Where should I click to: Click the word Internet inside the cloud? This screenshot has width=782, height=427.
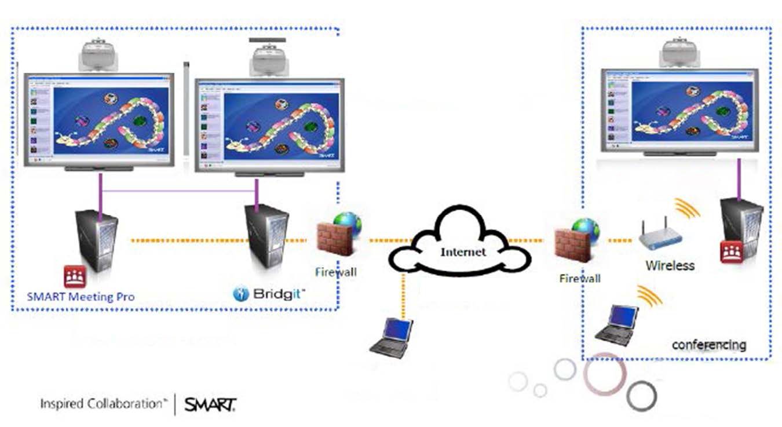coord(463,252)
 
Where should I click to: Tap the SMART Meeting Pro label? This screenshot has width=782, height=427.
coord(81,297)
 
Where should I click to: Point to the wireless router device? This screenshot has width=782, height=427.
coord(660,235)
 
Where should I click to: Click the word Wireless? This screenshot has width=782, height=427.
coord(670,266)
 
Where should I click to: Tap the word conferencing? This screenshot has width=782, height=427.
coord(708,345)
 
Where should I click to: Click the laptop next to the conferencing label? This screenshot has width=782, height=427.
coord(617,324)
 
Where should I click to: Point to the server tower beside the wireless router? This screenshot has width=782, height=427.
coord(741,226)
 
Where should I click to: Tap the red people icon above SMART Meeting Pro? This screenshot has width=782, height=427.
coord(75,276)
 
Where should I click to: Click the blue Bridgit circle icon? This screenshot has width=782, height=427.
coord(240,294)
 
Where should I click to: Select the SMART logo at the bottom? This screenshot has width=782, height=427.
coord(210,404)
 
